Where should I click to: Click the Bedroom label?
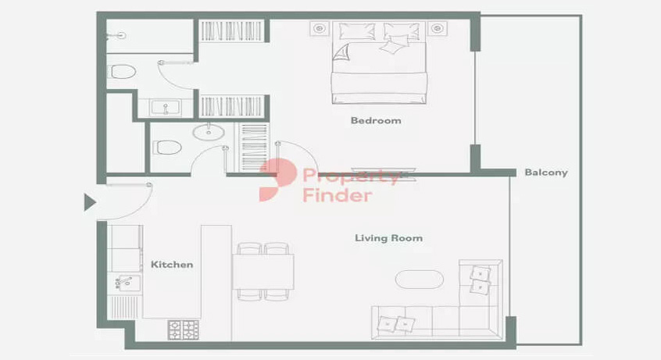376,120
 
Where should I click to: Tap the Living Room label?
388,238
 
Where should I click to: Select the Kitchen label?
172,265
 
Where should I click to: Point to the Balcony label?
546,173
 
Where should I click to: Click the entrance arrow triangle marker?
89,202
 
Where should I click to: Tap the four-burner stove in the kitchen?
184,330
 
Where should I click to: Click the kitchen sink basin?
127,282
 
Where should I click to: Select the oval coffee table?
420,279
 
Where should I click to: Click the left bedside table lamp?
320,29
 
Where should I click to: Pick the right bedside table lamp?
438,29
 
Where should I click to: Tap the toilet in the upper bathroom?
122,72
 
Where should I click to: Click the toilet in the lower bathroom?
167,147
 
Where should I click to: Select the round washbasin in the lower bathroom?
209,132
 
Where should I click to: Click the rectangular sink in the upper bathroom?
166,108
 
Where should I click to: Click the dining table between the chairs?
263,272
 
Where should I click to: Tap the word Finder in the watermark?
338,195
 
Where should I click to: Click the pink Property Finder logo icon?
277,180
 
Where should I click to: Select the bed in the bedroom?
379,62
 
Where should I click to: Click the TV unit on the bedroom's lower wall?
384,173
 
